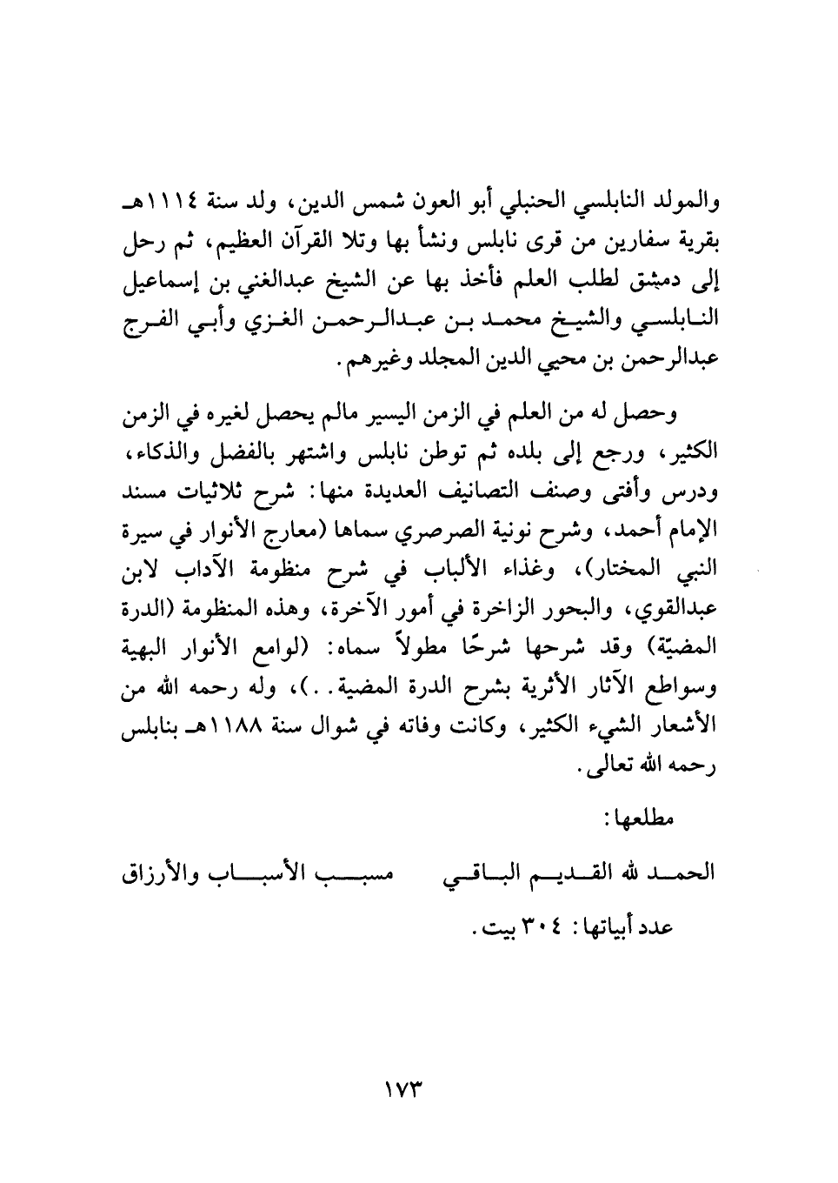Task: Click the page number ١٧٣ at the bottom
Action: (412, 1087)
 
